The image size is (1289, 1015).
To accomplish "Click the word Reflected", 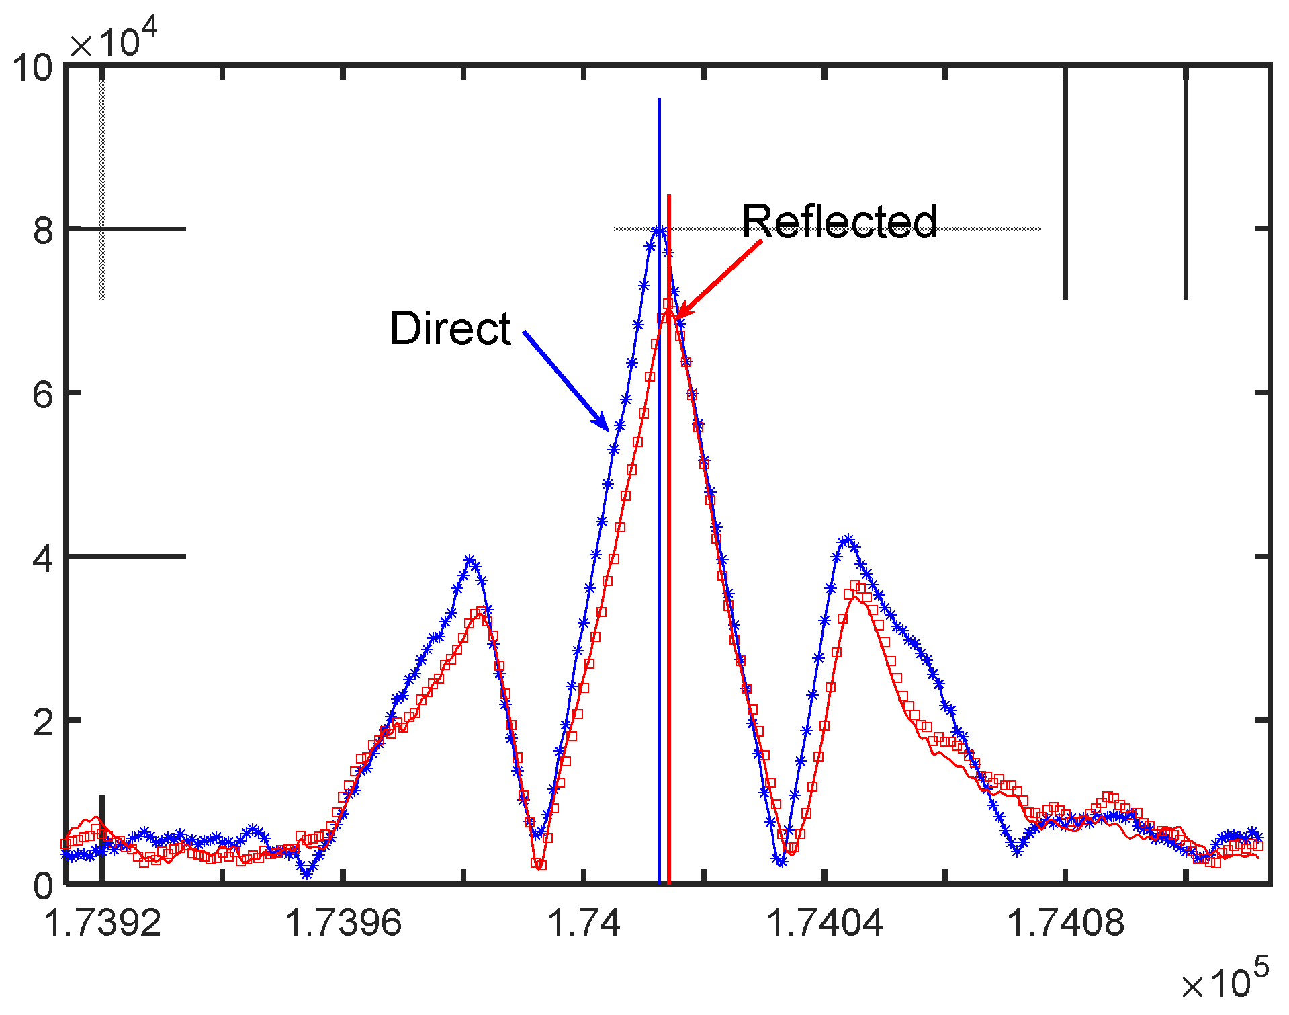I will pos(839,221).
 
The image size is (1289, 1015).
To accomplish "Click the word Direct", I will pos(451,329).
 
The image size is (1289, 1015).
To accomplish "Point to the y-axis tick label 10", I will pos(32,68).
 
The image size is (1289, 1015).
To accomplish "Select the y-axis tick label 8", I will pos(43,231).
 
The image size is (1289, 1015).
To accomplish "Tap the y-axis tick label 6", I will pos(43,394).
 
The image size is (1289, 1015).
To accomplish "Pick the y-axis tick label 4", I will pos(43,558).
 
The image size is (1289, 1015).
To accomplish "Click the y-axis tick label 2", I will pos(43,722).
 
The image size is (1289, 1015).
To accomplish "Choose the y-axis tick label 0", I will pos(43,886).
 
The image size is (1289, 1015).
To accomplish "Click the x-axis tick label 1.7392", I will pos(102,923).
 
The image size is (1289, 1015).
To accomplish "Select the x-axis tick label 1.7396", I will pos(343,923).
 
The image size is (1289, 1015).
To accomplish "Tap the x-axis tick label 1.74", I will pos(584,923).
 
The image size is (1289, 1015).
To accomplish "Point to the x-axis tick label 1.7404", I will pos(825,923).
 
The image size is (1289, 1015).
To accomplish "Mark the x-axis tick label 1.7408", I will pos(1065,923).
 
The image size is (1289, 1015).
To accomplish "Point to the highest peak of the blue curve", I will pos(660,231).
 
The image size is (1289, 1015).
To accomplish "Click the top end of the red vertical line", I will pos(669,196).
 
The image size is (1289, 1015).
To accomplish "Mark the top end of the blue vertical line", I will pos(660,100).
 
